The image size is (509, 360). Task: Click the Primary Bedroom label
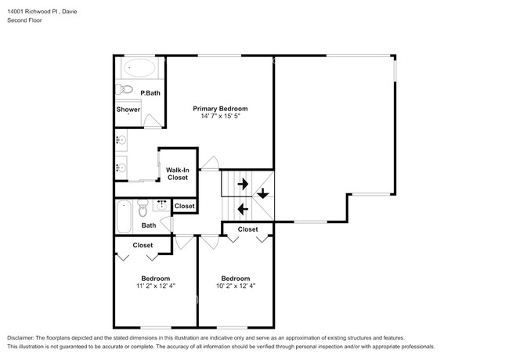(220, 109)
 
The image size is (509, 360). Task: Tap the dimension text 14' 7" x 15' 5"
(220, 116)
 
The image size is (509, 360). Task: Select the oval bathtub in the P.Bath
(139, 68)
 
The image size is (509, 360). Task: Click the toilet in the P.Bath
(125, 89)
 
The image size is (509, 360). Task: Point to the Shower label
(128, 110)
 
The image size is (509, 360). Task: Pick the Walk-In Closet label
(178, 174)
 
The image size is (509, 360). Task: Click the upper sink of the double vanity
(121, 140)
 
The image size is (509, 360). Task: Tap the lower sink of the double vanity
(121, 167)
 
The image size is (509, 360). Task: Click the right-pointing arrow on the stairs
(243, 184)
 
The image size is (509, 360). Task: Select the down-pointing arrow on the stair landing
(263, 193)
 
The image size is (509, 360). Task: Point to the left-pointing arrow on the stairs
(243, 209)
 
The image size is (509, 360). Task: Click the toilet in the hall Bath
(143, 208)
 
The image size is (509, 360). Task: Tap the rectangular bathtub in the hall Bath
(124, 217)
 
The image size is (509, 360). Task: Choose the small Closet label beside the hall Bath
(184, 206)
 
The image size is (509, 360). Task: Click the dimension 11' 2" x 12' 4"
(156, 286)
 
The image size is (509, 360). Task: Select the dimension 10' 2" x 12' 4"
(236, 286)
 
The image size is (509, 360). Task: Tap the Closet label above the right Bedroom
(247, 229)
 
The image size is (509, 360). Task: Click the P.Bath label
(150, 93)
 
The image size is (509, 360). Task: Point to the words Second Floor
(25, 20)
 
